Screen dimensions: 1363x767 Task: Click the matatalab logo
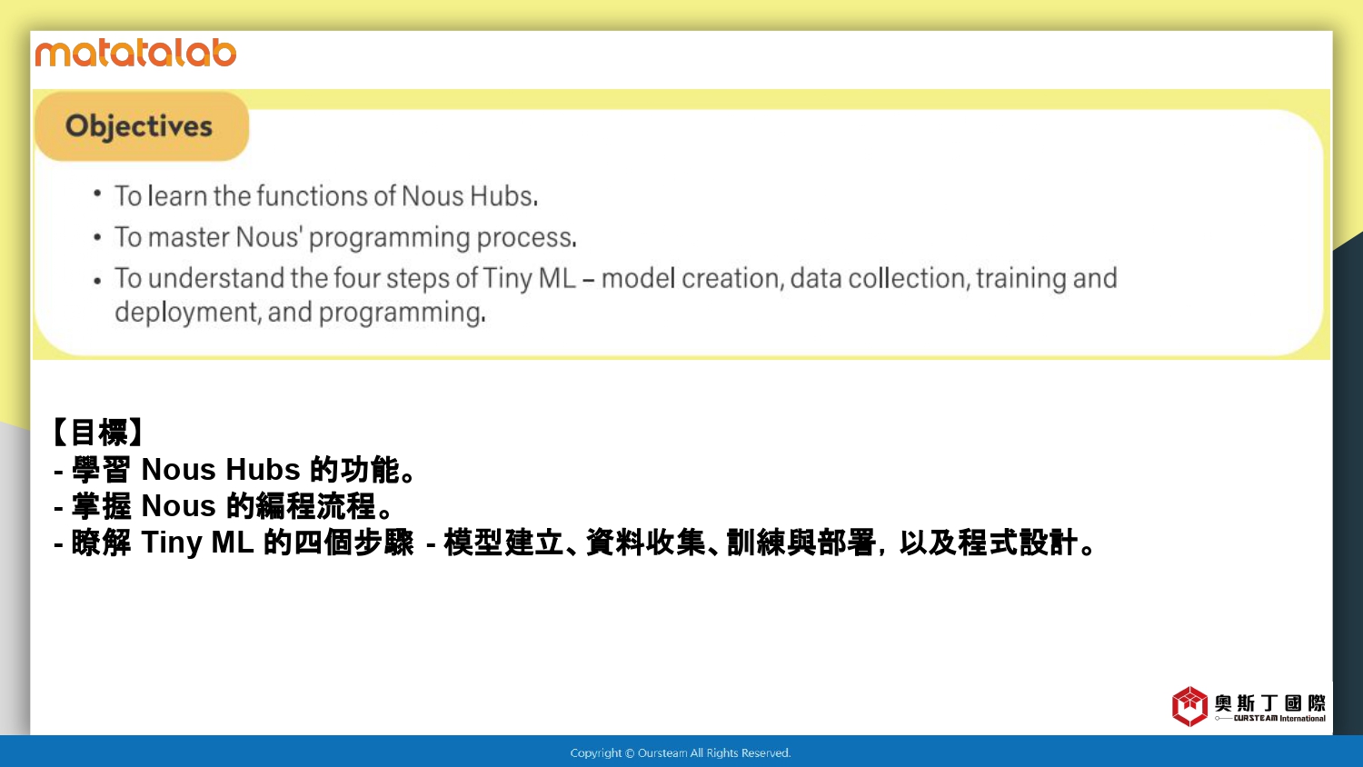[x=135, y=53]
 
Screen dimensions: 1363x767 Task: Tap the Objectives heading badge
[x=142, y=126]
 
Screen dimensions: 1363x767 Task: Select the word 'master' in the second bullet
[x=189, y=237]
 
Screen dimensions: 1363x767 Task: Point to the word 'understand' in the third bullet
[x=216, y=278]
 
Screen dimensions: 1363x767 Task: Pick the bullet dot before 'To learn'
[x=97, y=194]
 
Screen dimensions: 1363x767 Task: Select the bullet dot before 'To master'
[x=97, y=237]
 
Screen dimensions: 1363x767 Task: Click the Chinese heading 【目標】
[x=98, y=433]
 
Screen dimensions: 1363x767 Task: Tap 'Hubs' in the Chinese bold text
[x=263, y=469]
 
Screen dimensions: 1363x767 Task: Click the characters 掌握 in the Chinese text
[x=101, y=506]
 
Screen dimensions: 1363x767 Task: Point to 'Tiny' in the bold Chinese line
[x=172, y=543]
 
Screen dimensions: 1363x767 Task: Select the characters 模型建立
[x=503, y=543]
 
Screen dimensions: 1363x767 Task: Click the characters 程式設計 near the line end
[x=1019, y=543]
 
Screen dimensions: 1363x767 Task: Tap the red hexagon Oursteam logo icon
[x=1189, y=706]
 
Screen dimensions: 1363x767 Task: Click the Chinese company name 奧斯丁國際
[x=1270, y=703]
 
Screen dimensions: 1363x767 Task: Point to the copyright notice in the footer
[x=681, y=753]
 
